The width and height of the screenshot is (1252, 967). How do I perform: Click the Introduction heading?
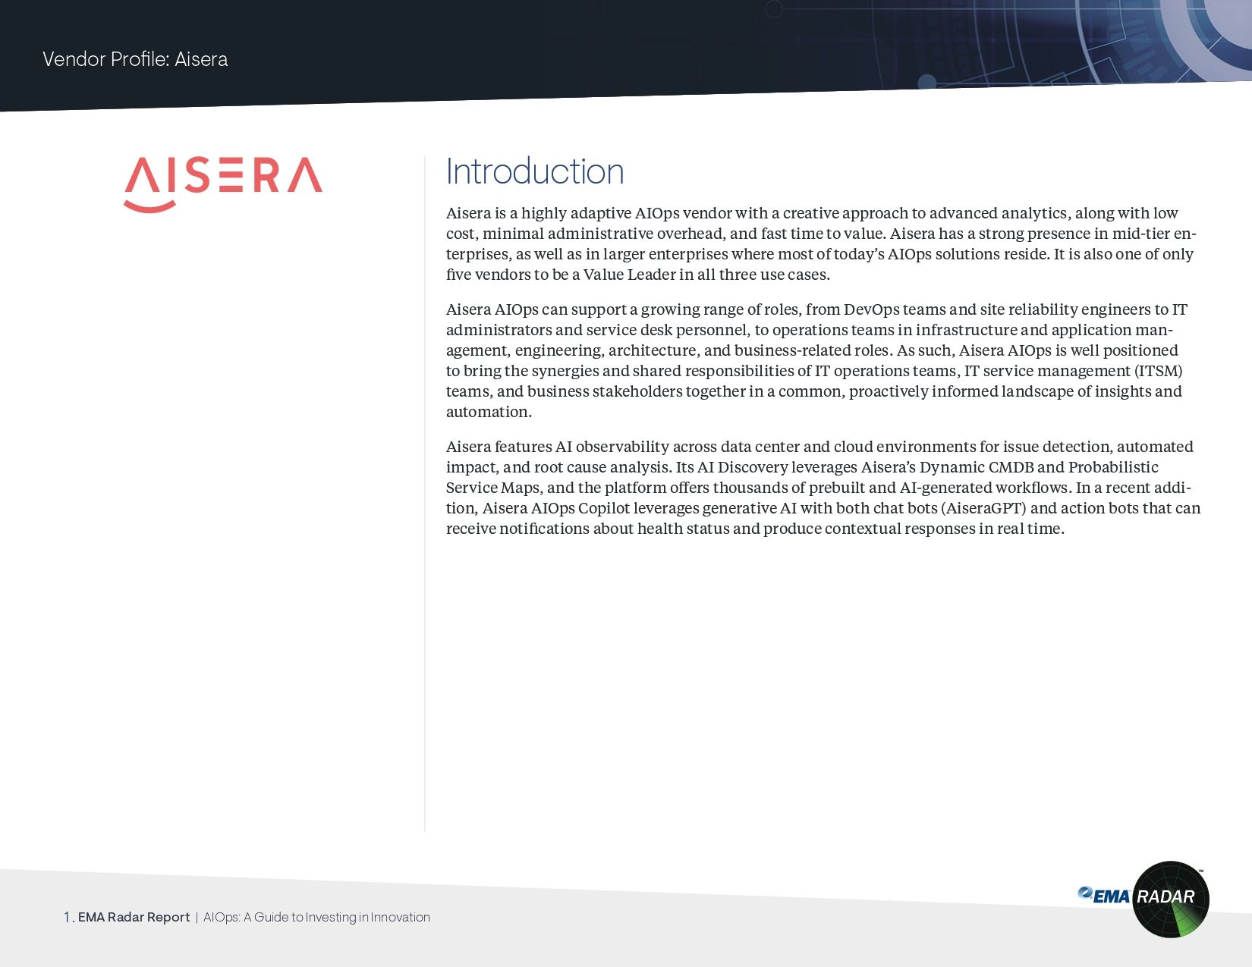point(535,171)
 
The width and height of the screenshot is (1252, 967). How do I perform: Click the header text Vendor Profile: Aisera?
point(135,59)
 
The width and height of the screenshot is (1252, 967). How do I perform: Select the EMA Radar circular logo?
point(1170,899)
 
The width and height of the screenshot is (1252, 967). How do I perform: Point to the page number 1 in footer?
point(68,917)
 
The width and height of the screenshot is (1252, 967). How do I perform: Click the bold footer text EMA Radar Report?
point(134,917)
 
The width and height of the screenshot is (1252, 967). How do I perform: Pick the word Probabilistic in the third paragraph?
point(1113,467)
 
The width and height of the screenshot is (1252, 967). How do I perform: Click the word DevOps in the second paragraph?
point(871,309)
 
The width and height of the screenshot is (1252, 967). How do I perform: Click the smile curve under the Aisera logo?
point(149,206)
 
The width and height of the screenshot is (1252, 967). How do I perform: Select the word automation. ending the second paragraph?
point(489,412)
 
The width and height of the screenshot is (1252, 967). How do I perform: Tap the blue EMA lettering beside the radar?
point(1106,896)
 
